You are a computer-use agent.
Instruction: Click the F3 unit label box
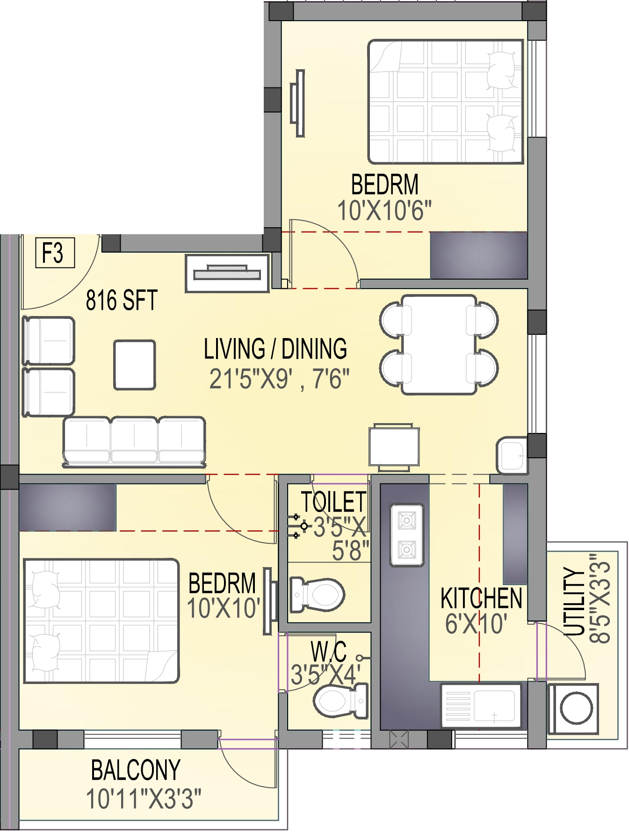pos(55,252)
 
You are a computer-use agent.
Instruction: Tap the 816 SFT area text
pos(122,300)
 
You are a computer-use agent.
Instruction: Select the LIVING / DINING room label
pos(275,349)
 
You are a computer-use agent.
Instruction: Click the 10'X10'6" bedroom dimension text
pos(384,210)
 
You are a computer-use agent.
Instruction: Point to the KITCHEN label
pos(481,598)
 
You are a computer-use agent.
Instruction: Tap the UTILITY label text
pos(575,601)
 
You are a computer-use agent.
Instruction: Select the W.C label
pos(328,651)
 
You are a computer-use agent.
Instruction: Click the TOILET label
pos(333,502)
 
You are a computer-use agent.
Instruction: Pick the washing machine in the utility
pos(572,709)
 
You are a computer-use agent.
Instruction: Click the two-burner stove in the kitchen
pos(407,535)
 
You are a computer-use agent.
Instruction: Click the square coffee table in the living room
pos(134,365)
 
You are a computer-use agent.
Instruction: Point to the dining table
pos(439,345)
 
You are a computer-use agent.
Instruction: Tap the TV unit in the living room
pos(227,274)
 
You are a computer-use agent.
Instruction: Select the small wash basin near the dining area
pos(512,455)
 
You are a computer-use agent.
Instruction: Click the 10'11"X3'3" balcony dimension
pos(144,799)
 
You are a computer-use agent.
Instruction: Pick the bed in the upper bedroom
pos(446,102)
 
